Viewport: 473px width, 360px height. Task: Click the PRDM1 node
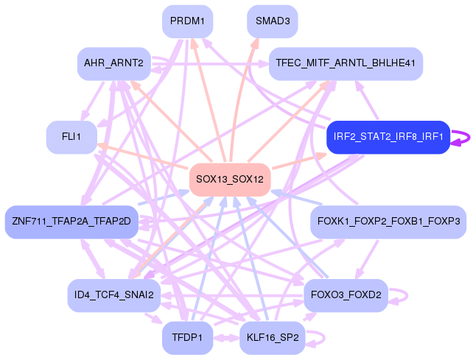point(187,22)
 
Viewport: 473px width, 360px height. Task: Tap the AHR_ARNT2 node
point(113,64)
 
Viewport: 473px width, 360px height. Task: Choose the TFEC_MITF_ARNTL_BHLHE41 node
point(346,64)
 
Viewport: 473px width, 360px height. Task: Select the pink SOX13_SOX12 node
point(230,179)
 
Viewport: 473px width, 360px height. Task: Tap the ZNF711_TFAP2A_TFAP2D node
point(71,221)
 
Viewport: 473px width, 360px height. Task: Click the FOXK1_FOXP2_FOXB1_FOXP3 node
point(388,221)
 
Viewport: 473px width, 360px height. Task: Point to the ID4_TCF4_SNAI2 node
point(113,295)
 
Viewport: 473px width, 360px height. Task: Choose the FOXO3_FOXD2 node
point(346,295)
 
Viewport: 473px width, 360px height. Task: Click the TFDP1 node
point(187,338)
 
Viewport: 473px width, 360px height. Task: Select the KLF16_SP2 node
point(273,338)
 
